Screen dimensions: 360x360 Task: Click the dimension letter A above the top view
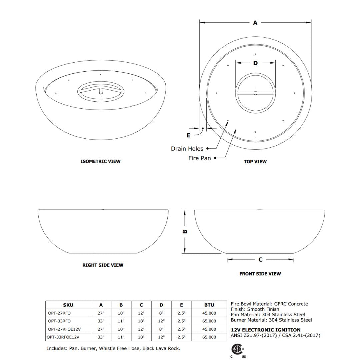click(255, 23)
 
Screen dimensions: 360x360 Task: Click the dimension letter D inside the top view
click(255, 63)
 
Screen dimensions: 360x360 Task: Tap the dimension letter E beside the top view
click(188, 135)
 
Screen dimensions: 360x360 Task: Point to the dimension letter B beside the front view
click(185, 232)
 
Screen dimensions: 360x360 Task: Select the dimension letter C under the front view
click(260, 260)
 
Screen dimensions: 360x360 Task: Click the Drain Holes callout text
click(187, 149)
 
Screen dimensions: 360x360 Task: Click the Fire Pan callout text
click(199, 158)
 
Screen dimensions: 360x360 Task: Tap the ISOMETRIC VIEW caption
click(100, 161)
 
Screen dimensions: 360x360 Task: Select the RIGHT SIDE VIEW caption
click(103, 265)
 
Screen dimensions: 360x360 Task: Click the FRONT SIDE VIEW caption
click(260, 274)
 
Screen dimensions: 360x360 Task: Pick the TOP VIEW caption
click(255, 162)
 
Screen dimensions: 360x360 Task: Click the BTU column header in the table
click(209, 305)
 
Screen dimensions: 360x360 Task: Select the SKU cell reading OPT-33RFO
click(59, 321)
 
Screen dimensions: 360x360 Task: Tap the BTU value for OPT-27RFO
click(209, 313)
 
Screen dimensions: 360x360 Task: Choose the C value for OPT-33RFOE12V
click(141, 337)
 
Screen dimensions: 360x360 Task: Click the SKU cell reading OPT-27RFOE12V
click(64, 329)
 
